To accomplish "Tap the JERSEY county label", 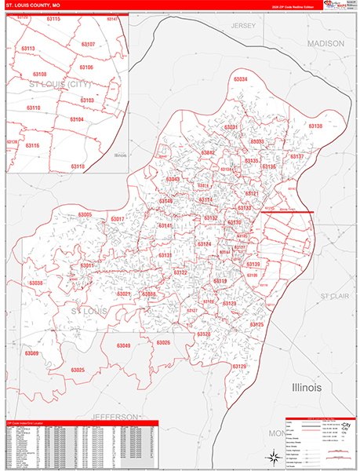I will point(244,26).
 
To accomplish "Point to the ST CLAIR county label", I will point(335,296).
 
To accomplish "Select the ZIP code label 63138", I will point(315,126).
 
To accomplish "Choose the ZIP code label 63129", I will point(239,367).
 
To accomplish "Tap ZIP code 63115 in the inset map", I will point(53,18).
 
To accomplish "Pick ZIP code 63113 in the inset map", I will point(28,49).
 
